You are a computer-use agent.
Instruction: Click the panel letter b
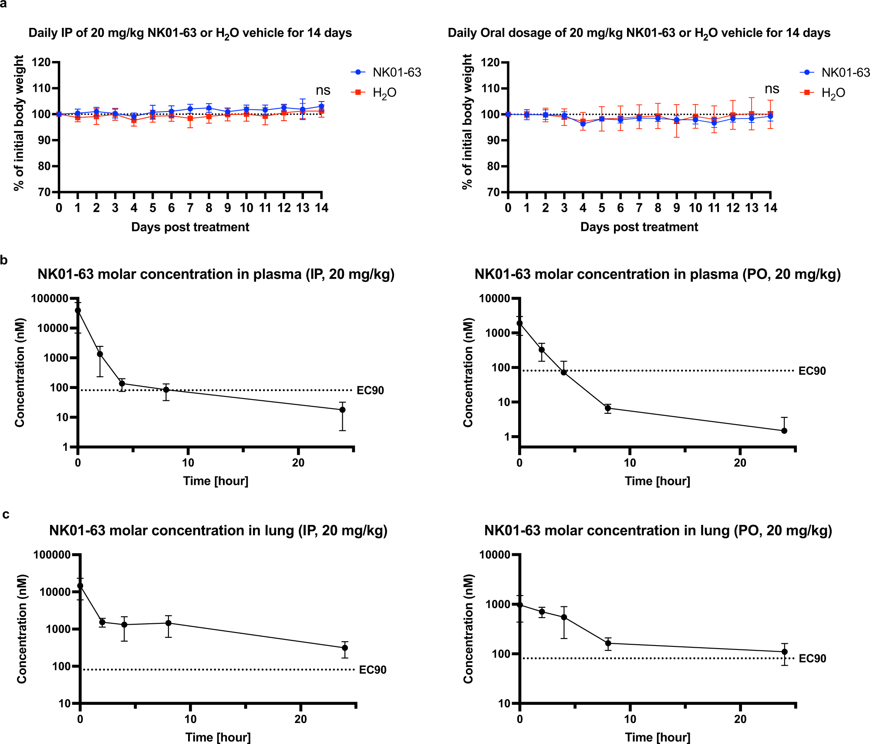click(x=4, y=260)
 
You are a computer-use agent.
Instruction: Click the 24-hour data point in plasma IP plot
click(x=342, y=409)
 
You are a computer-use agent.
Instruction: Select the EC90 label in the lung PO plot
click(x=812, y=658)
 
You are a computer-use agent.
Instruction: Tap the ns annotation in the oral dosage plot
click(x=772, y=89)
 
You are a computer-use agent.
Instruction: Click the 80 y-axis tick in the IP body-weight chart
click(x=43, y=166)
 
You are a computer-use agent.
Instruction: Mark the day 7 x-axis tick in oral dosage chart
click(x=639, y=208)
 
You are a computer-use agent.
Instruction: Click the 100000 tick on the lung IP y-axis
click(x=52, y=555)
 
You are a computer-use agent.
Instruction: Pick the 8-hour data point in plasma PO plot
click(x=608, y=408)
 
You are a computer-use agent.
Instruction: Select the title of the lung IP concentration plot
click(x=218, y=531)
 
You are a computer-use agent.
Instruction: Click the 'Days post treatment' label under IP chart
click(x=190, y=227)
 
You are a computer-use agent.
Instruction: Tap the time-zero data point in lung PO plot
click(x=520, y=605)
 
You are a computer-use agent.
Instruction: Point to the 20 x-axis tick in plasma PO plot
click(x=740, y=463)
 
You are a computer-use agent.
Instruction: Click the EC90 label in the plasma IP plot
click(x=370, y=390)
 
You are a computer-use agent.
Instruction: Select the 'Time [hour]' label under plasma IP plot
click(x=216, y=481)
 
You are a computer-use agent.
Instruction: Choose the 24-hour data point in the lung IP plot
click(x=345, y=648)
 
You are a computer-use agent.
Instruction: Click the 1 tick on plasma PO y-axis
click(x=507, y=436)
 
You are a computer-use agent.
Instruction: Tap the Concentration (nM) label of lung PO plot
click(x=468, y=629)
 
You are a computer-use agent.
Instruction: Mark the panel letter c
click(x=5, y=514)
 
